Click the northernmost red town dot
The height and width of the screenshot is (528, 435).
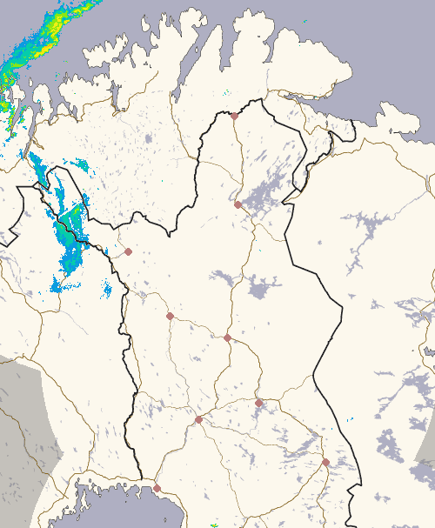[x=234, y=115]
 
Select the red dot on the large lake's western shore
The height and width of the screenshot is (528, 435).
[x=238, y=204]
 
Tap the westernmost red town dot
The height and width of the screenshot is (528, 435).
[x=128, y=251]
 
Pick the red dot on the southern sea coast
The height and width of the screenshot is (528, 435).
[x=157, y=488]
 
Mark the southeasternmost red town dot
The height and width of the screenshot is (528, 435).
[x=325, y=462]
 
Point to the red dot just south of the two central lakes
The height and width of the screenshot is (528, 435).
[x=227, y=338]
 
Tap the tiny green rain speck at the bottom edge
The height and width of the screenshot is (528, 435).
[x=215, y=525]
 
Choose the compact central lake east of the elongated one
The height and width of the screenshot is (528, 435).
[x=259, y=289]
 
